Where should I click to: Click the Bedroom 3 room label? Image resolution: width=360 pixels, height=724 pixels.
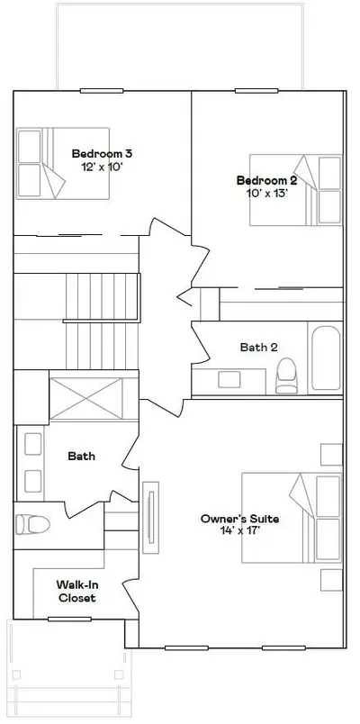(102, 153)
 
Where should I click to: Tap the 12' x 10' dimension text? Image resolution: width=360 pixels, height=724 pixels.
(102, 167)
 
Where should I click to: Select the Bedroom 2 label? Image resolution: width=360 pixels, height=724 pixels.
(266, 180)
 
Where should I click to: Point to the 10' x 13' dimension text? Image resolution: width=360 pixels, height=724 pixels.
(267, 193)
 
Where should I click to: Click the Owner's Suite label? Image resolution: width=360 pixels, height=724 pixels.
(239, 519)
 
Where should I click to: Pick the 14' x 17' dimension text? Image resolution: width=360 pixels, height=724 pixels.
(240, 531)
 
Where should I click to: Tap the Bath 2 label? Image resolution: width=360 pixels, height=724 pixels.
(259, 348)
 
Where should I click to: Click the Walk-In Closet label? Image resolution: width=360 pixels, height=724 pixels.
(76, 591)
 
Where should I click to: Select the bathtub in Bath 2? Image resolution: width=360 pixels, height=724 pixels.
(326, 357)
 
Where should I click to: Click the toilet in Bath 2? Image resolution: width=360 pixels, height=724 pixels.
(286, 376)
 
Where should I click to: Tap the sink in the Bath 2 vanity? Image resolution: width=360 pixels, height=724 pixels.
(229, 379)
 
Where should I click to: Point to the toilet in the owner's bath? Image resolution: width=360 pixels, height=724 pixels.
(32, 524)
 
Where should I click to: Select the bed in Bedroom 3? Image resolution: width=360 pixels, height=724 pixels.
(63, 164)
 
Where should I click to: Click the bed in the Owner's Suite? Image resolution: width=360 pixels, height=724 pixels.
(292, 518)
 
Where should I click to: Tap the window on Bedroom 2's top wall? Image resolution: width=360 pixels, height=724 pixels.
(256, 91)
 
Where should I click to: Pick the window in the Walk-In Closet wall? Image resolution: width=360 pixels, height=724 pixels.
(69, 620)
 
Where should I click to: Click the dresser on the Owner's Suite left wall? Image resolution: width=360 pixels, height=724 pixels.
(150, 518)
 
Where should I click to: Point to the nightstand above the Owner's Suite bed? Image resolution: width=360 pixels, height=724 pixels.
(331, 455)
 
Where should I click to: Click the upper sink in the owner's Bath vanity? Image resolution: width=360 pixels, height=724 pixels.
(32, 444)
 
